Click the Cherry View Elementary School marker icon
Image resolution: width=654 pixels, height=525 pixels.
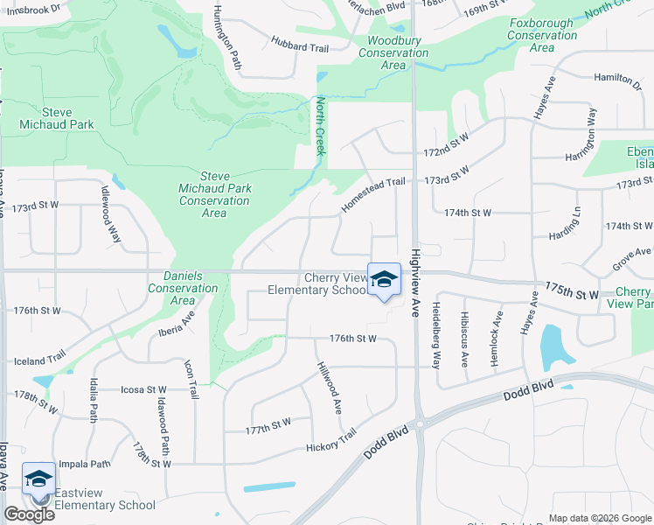[383, 280]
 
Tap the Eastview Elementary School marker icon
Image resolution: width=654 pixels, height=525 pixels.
[38, 479]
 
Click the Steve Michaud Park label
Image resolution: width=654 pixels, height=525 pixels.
[57, 119]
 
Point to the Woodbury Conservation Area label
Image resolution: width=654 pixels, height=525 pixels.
[393, 52]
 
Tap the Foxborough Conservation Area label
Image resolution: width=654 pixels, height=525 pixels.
[541, 36]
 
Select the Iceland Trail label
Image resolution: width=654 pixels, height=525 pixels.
[38, 359]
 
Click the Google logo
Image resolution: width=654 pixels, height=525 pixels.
[29, 514]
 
